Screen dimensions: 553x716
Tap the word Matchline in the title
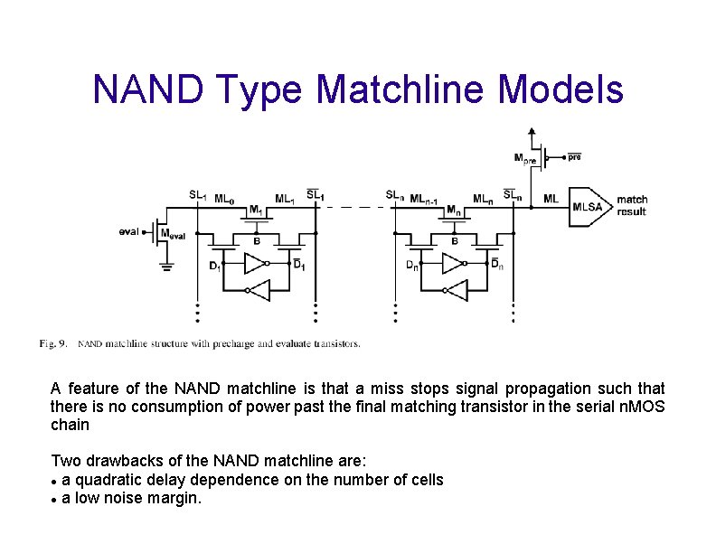coord(391,89)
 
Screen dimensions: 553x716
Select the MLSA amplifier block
coord(588,206)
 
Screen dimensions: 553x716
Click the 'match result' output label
coord(632,205)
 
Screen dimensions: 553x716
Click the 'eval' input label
coord(128,231)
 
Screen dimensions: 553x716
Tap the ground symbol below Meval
coord(166,265)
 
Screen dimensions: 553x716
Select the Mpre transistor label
coord(524,159)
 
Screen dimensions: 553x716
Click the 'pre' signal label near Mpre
coord(574,156)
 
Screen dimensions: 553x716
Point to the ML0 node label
coord(225,197)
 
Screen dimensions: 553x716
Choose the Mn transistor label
coord(454,211)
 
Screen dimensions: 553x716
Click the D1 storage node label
coord(214,266)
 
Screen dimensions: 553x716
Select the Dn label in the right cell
coord(411,265)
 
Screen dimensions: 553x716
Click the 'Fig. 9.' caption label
coord(52,343)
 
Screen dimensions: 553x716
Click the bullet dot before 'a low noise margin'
coord(55,499)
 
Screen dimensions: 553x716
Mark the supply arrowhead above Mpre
coord(531,130)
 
